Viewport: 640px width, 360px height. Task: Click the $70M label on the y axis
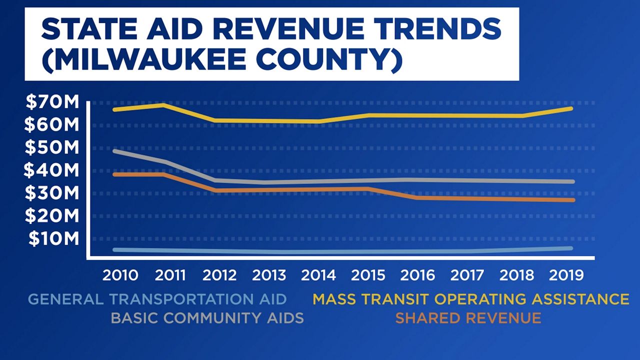52,102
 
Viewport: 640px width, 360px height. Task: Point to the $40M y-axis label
51,170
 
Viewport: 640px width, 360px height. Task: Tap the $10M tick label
53,238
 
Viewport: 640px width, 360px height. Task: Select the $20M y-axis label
51,216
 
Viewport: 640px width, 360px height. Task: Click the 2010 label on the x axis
120,275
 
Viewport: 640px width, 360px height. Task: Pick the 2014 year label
318,275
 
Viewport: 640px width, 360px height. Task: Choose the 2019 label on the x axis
566,275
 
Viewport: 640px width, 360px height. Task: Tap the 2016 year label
417,275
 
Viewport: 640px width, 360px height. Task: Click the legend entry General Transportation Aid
157,299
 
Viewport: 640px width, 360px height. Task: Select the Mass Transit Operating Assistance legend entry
471,299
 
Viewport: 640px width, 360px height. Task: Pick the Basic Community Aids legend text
207,318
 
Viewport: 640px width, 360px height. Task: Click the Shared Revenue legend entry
468,318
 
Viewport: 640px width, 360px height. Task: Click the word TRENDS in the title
432,29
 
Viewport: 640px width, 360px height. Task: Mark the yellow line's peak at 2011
163,105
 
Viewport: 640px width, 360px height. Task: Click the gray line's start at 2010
114,151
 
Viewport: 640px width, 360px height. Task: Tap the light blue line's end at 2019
570,248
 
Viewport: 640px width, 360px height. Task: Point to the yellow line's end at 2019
571,108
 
